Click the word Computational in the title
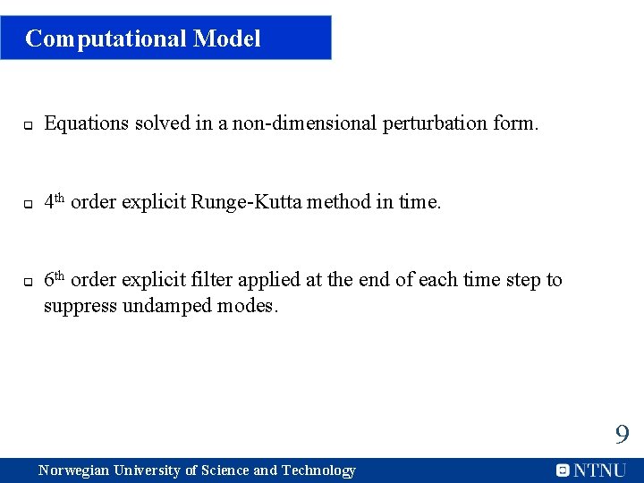[106, 38]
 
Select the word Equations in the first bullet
[87, 123]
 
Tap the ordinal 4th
[55, 201]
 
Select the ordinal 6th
[55, 279]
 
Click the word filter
[211, 280]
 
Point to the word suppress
[77, 306]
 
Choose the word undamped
[169, 306]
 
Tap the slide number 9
[622, 436]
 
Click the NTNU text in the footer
[600, 470]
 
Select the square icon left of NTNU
[563, 470]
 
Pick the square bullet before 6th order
[28, 282]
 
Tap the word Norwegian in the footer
[74, 470]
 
